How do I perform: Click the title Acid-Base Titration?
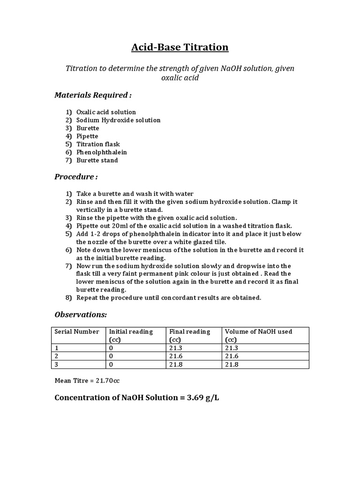180,47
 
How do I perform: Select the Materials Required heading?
93,95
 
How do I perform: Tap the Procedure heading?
76,177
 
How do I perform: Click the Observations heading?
81,314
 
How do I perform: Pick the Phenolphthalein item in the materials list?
102,152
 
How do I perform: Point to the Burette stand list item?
97,160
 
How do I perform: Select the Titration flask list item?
98,144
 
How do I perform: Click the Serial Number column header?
77,331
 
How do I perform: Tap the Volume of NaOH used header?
258,331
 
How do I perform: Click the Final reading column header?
189,331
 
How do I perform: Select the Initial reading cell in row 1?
111,348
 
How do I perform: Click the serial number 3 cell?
57,364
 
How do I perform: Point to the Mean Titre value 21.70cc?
108,381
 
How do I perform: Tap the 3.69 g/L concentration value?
199,398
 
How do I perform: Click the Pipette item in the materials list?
87,136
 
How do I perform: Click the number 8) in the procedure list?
69,298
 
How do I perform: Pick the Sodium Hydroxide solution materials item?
118,120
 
